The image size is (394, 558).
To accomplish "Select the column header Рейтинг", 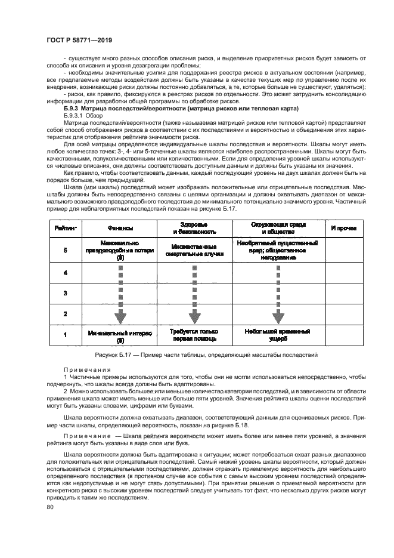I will (x=65, y=228).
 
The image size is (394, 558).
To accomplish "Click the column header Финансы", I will (x=120, y=228).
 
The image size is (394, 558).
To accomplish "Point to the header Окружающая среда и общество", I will (x=277, y=228).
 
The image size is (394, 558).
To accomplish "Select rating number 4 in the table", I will (x=65, y=273).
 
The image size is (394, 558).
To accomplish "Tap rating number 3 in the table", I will (x=65, y=293).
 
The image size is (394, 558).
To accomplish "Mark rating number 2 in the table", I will (x=65, y=313).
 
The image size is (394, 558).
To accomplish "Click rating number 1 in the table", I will (x=65, y=335).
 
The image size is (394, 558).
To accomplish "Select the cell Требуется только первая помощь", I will (x=194, y=335).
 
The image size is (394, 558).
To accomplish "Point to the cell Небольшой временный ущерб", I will (x=277, y=335).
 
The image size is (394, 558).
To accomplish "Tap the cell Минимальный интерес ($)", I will (x=120, y=335).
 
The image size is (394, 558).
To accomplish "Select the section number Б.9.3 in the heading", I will (x=74, y=109).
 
